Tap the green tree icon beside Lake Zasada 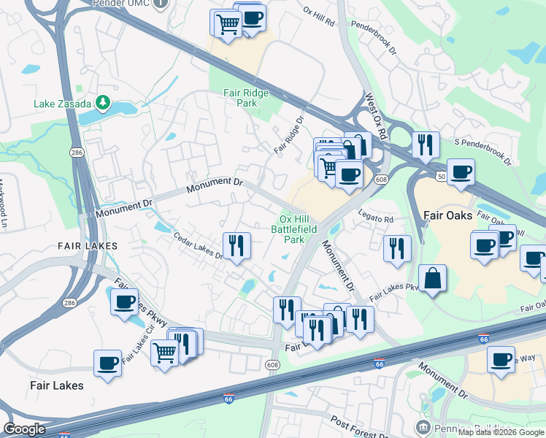tap(104, 103)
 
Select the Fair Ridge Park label tap(246, 98)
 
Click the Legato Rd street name tap(376, 219)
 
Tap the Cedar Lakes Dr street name tap(197, 245)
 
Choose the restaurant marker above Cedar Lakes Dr tap(236, 245)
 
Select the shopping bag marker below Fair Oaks tap(432, 278)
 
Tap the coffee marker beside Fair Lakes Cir tap(125, 301)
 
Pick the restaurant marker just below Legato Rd tap(397, 247)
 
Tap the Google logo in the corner tap(25, 429)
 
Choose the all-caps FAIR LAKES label tap(88, 246)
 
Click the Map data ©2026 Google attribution tap(501, 432)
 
